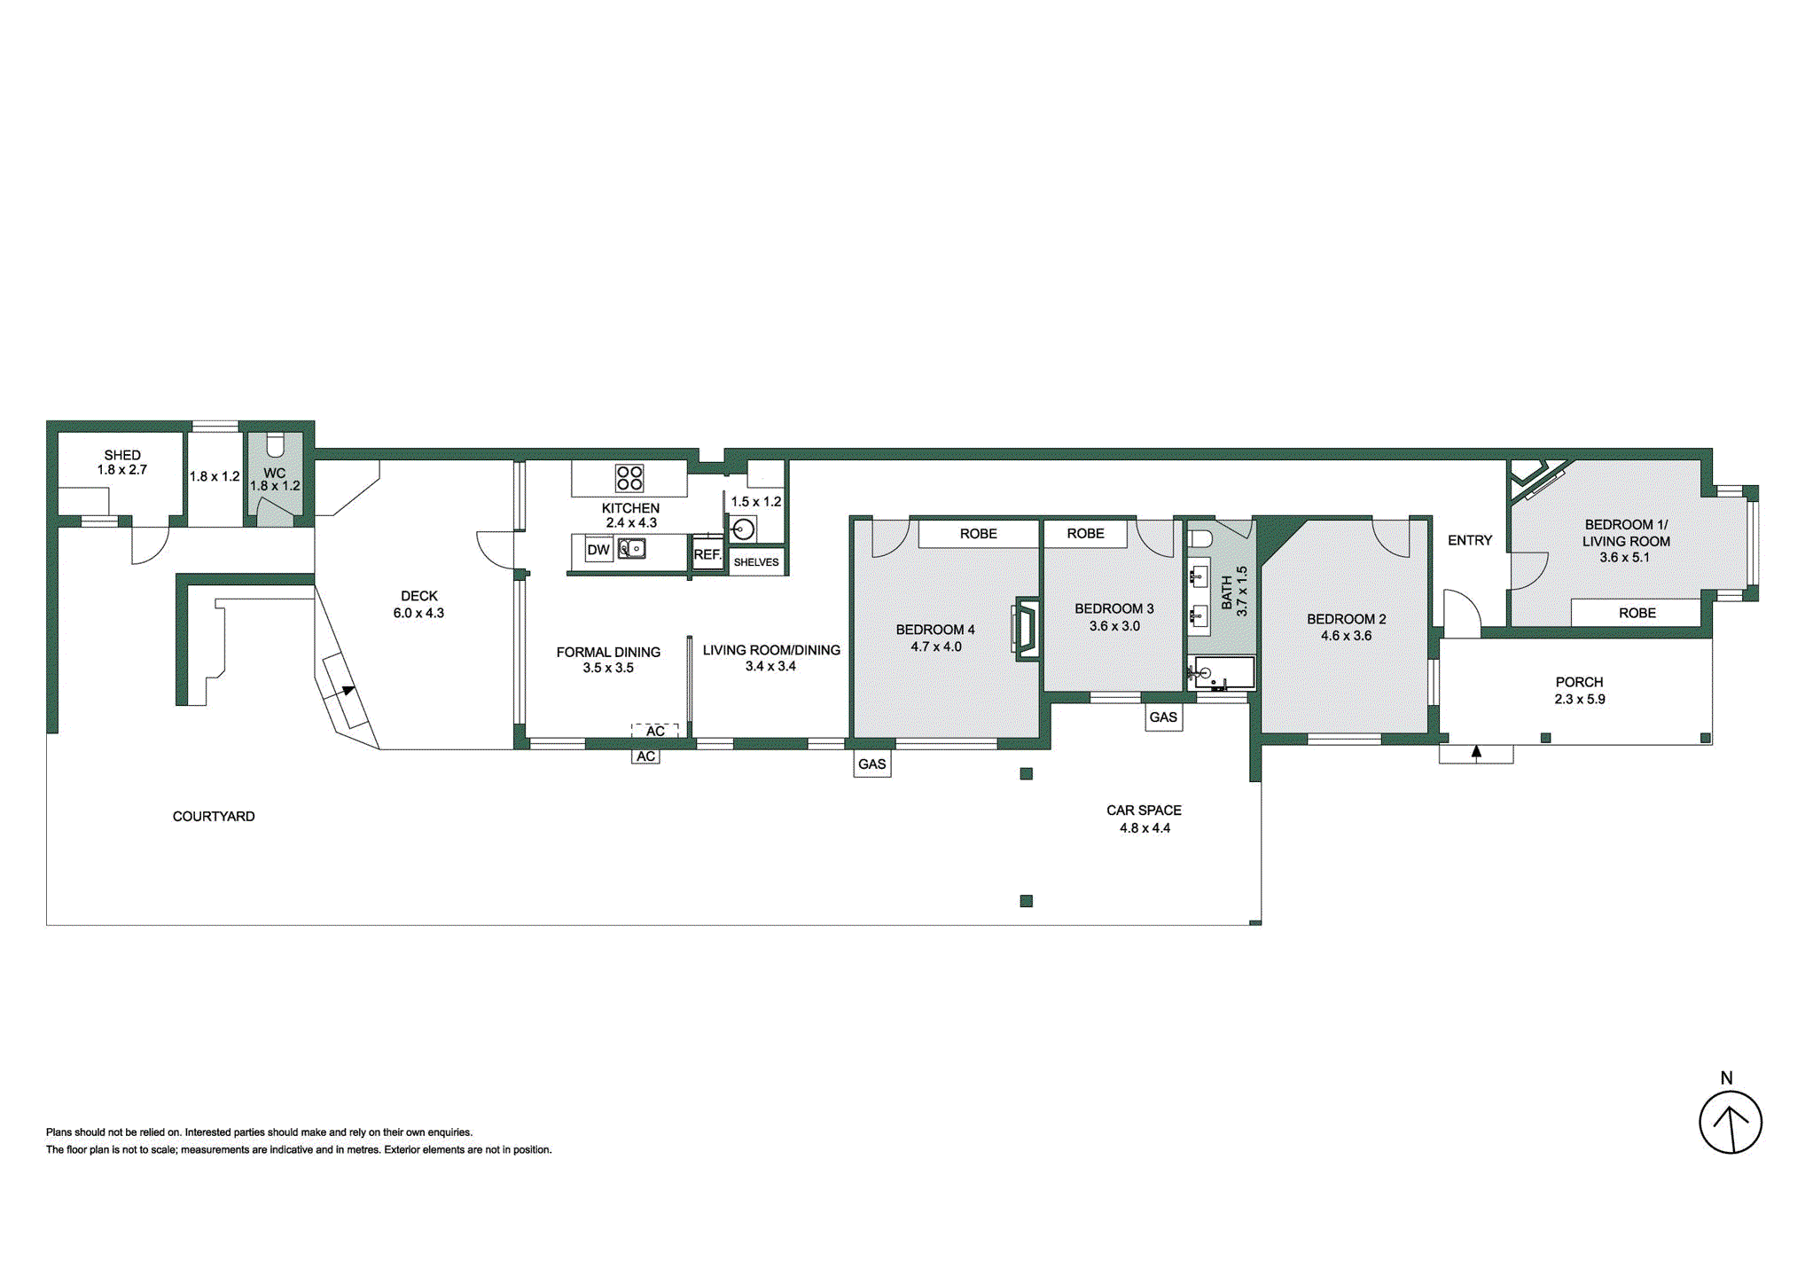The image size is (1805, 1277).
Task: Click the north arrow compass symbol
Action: [x=1729, y=1122]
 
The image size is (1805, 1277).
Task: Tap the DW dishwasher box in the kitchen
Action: [x=598, y=550]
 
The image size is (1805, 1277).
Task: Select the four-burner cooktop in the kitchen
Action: [x=629, y=478]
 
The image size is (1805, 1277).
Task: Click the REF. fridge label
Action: [x=707, y=554]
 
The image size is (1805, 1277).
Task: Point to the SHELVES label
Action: [x=756, y=562]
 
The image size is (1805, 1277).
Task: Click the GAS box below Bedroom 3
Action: [x=1163, y=717]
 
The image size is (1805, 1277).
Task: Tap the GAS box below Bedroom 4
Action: [x=871, y=764]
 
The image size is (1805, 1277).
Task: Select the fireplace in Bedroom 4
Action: [x=1026, y=629]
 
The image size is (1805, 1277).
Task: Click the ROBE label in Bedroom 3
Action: [x=1085, y=534]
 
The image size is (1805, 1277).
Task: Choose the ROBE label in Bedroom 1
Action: [x=1637, y=613]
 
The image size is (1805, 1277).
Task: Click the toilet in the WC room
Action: [x=275, y=443]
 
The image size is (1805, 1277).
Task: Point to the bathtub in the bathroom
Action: [x=1223, y=673]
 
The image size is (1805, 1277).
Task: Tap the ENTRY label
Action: [x=1469, y=540]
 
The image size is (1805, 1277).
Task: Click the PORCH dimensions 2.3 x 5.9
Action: [x=1579, y=699]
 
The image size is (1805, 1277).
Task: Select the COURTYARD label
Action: [x=214, y=816]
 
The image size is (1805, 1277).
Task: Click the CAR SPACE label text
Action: [x=1144, y=811]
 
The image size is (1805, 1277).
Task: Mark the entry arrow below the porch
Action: [x=1476, y=753]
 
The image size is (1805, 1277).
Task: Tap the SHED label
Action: [x=122, y=455]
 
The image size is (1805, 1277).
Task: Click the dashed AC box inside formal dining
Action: [x=654, y=731]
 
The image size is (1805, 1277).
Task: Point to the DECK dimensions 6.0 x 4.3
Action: [x=418, y=613]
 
